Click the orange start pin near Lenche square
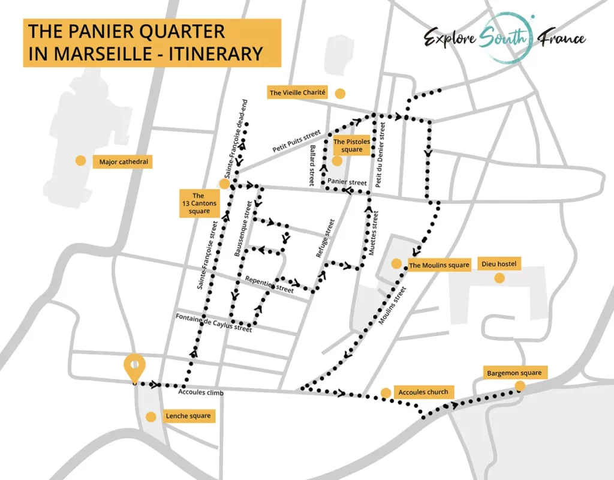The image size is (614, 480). pyautogui.click(x=134, y=367)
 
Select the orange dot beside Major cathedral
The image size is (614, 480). pyautogui.click(x=80, y=160)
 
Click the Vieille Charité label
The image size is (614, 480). pyautogui.click(x=297, y=92)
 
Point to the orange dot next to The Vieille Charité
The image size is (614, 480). pyautogui.click(x=340, y=93)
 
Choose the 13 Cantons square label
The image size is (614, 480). pyautogui.click(x=198, y=203)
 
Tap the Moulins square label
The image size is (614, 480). pyautogui.click(x=439, y=265)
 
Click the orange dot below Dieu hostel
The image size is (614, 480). pyautogui.click(x=499, y=278)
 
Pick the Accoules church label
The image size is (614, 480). pyautogui.click(x=423, y=392)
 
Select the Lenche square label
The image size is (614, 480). pyautogui.click(x=188, y=416)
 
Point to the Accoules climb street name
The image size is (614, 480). pyautogui.click(x=201, y=393)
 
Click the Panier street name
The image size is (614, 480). pyautogui.click(x=348, y=182)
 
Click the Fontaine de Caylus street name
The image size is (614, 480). pyautogui.click(x=213, y=322)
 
